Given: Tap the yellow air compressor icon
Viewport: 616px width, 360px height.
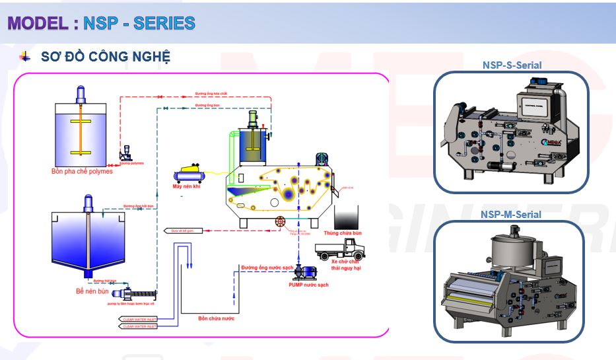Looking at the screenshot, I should tap(189, 174).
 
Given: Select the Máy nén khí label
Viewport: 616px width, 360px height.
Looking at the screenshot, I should tap(187, 187).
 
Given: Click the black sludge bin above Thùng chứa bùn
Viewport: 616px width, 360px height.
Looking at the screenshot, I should tap(346, 217).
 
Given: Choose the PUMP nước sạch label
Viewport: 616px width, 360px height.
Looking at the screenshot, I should tap(308, 285).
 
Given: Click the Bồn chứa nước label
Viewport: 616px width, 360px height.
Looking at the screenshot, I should tap(217, 318).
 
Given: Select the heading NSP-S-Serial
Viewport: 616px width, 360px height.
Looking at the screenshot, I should tap(512, 65).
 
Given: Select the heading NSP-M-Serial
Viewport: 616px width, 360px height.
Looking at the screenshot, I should tap(511, 214).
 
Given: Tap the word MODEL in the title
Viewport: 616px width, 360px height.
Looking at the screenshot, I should tap(38, 23).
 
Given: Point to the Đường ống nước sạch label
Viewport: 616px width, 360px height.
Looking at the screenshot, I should tap(267, 268).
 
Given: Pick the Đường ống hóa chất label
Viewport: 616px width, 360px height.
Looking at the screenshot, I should tap(211, 94).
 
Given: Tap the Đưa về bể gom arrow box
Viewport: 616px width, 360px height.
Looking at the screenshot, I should tap(183, 231).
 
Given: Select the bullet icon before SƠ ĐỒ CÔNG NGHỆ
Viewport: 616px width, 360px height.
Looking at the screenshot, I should tap(25, 57).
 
